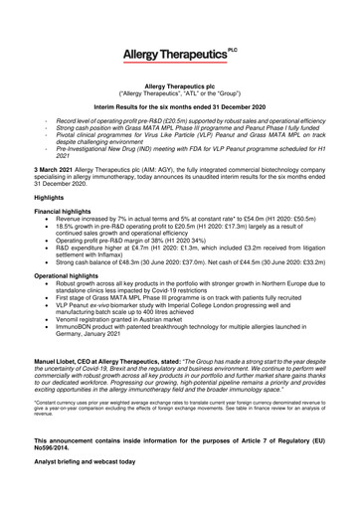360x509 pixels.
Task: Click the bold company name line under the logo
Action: coord(179,87)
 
